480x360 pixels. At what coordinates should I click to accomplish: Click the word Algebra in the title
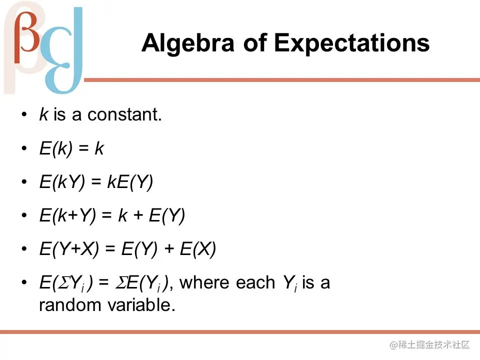(187, 43)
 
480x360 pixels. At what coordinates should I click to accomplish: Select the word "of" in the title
(254, 42)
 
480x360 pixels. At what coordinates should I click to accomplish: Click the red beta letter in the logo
(27, 36)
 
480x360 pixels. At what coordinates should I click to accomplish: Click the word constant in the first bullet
(124, 114)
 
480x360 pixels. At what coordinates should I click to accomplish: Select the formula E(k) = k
(72, 149)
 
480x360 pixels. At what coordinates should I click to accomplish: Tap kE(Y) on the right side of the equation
(130, 182)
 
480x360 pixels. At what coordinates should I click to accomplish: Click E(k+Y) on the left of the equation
(67, 215)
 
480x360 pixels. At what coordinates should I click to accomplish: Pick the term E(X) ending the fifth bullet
(198, 248)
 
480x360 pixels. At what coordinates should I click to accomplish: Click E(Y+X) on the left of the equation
(69, 248)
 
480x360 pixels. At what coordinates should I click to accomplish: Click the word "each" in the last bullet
(255, 282)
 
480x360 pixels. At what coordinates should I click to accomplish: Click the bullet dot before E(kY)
(24, 182)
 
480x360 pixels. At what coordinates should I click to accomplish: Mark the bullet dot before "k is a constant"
(24, 115)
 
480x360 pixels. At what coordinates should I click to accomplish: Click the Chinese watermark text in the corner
(429, 345)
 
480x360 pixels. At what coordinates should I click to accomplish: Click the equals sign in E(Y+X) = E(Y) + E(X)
(110, 249)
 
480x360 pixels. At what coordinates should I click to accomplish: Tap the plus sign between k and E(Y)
(138, 215)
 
